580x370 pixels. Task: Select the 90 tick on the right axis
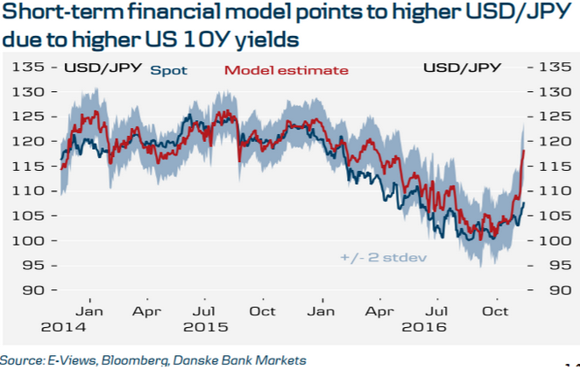pyautogui.click(x=552, y=290)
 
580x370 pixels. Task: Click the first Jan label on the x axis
pyautogui.click(x=90, y=311)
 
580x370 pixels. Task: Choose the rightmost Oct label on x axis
pyautogui.click(x=498, y=311)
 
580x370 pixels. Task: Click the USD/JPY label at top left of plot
pyautogui.click(x=94, y=68)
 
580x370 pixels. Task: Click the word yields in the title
pyautogui.click(x=265, y=39)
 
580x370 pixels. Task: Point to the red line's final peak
pyautogui.click(x=524, y=151)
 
